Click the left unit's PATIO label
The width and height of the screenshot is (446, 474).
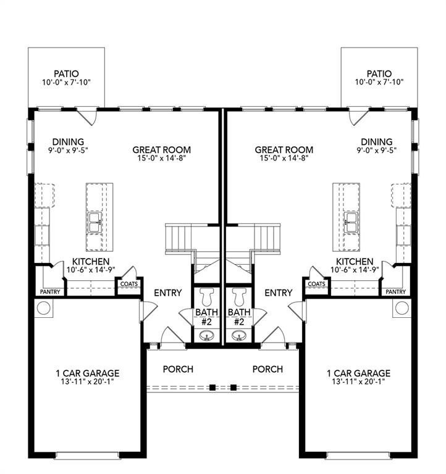tap(66, 73)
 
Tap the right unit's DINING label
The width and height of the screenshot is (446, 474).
tap(376, 141)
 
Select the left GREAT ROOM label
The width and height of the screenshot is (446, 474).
tap(162, 149)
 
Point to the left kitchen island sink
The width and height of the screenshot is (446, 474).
tap(95, 222)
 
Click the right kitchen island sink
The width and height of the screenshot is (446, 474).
tap(351, 222)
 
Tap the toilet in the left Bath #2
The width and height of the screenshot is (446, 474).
tap(208, 296)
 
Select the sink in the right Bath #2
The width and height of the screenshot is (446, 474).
tap(239, 336)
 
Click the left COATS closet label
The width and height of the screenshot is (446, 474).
tap(129, 284)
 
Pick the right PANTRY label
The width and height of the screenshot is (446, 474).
tap(396, 292)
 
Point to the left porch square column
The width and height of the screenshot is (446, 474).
tap(212, 387)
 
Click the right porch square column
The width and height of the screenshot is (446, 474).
tap(234, 387)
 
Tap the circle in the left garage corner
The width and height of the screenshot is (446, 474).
tap(43, 308)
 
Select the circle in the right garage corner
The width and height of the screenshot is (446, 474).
tap(402, 308)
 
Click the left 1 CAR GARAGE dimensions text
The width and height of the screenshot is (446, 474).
tap(87, 381)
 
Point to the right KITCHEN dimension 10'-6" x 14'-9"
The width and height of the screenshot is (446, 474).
tap(355, 270)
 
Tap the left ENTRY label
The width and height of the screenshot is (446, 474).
tap(167, 293)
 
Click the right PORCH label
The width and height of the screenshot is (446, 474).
tap(267, 369)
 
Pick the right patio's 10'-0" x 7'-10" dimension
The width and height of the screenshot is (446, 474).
tap(379, 82)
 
